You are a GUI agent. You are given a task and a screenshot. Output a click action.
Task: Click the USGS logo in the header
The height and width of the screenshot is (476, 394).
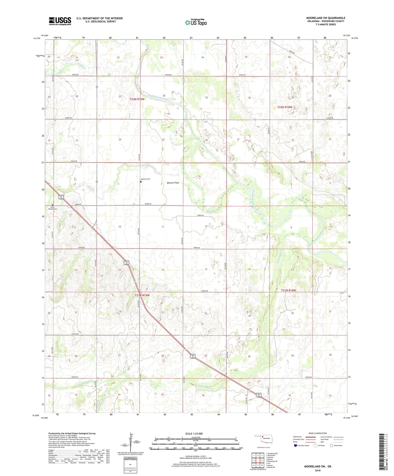point(60,21)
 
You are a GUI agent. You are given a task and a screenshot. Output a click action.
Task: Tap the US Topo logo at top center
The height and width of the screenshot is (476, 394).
point(196,22)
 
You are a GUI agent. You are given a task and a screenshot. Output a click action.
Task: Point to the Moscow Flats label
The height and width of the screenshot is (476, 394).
point(173,183)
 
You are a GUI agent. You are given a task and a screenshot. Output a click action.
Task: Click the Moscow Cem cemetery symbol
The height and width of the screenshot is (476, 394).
point(141,182)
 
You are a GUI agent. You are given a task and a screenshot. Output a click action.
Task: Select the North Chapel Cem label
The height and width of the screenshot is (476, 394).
point(52,208)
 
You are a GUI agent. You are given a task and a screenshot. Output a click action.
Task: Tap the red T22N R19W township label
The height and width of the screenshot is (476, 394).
point(137,99)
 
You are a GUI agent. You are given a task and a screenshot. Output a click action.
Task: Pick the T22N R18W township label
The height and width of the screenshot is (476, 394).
point(285,107)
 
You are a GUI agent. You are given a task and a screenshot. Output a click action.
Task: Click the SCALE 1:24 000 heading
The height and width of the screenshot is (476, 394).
point(194,433)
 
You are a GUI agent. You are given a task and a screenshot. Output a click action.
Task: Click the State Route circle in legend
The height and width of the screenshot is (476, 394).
point(332,445)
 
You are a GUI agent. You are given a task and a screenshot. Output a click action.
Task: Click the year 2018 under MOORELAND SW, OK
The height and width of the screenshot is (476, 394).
point(318,470)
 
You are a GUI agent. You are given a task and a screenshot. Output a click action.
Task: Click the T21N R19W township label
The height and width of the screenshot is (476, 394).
point(142,295)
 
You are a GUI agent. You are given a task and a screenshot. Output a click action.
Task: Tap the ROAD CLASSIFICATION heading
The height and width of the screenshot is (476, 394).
point(318,433)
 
